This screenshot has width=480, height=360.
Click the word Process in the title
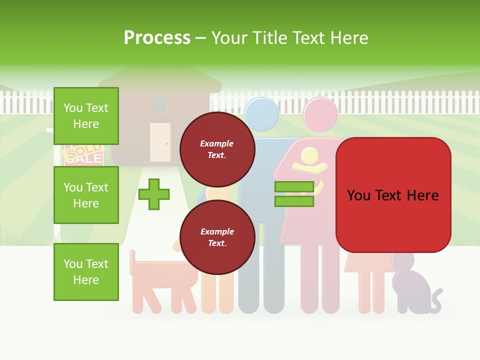(x=157, y=38)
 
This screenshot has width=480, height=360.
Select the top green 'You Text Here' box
(x=86, y=116)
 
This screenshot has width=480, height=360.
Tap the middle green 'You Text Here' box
(x=86, y=195)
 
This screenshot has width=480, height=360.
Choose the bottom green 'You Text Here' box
(x=86, y=272)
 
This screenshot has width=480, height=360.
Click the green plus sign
(x=154, y=194)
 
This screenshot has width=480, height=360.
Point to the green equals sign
(x=294, y=194)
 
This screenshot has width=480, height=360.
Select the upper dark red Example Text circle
(x=217, y=149)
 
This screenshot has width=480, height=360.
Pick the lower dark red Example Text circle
(x=217, y=237)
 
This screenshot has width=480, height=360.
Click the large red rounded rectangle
(x=393, y=195)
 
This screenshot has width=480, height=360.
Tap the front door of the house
(x=160, y=142)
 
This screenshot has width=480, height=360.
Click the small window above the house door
(x=160, y=105)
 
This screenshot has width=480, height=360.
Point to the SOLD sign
(x=83, y=152)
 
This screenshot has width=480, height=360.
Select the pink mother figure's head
(x=320, y=114)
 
